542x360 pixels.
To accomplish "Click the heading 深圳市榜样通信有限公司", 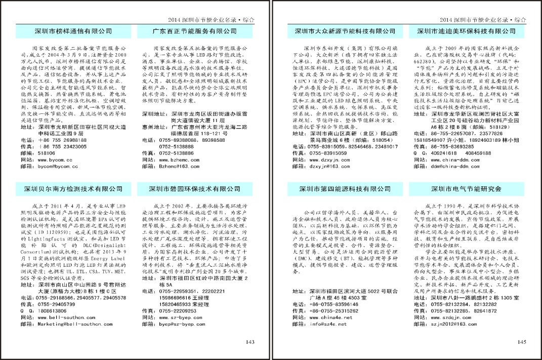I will [73, 31].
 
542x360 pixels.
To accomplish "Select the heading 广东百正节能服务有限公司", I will [195, 31].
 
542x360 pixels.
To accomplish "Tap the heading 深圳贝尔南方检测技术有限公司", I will [73, 189].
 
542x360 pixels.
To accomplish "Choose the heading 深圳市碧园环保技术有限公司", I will [195, 189].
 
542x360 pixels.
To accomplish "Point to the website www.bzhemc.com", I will [179, 159].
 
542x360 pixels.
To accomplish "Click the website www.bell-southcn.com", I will [64, 317].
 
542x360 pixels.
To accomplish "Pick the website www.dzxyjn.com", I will [329, 159].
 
